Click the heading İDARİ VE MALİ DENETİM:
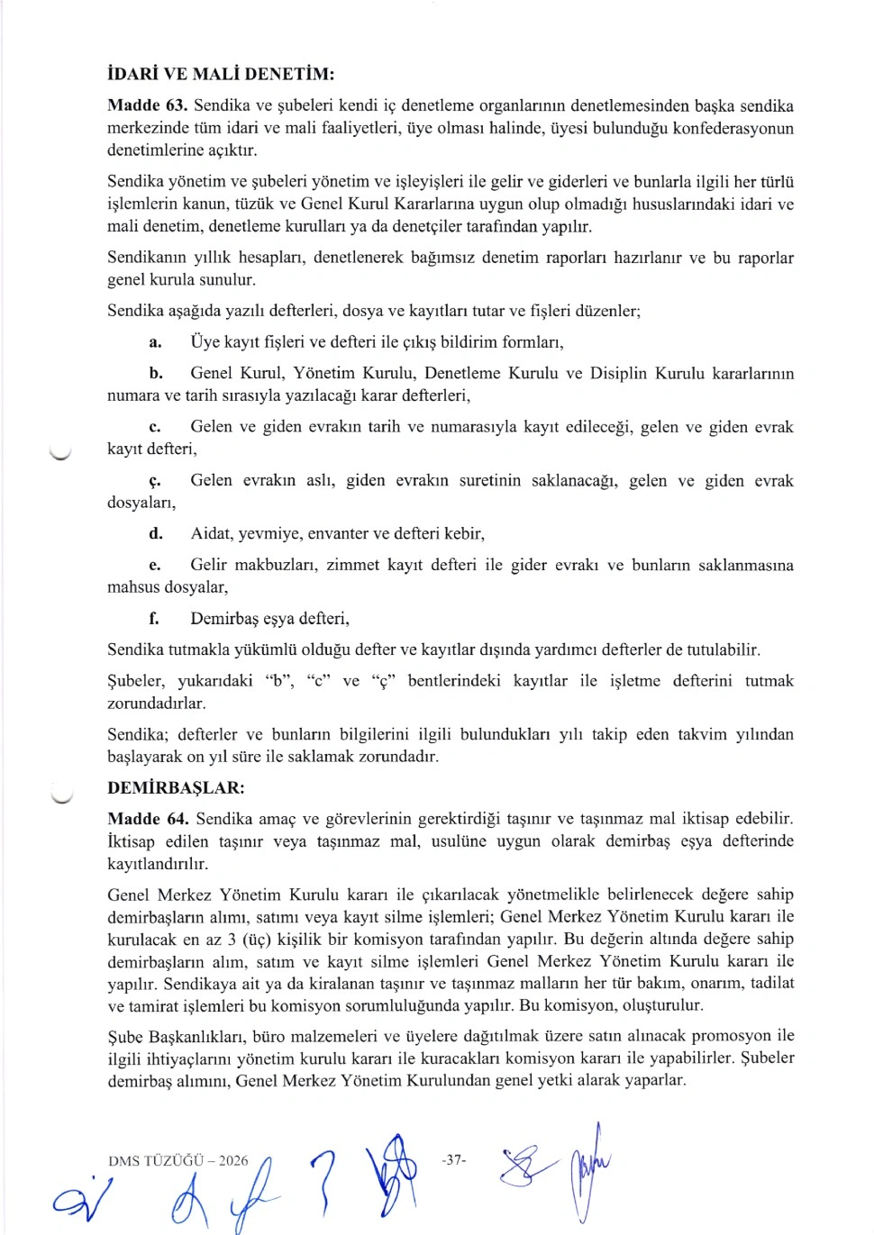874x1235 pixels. (221, 74)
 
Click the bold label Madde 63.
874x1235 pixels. (147, 106)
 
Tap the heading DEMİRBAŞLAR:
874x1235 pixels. (176, 788)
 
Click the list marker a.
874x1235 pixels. (155, 342)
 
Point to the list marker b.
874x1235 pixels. (155, 374)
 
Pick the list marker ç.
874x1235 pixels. (155, 481)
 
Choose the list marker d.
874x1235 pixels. (155, 534)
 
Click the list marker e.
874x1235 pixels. (155, 566)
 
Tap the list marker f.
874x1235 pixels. (155, 619)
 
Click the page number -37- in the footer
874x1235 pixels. (454, 1159)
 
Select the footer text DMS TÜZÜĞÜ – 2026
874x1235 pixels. (178, 1160)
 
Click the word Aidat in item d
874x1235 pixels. (211, 534)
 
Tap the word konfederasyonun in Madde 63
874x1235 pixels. (721, 129)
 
